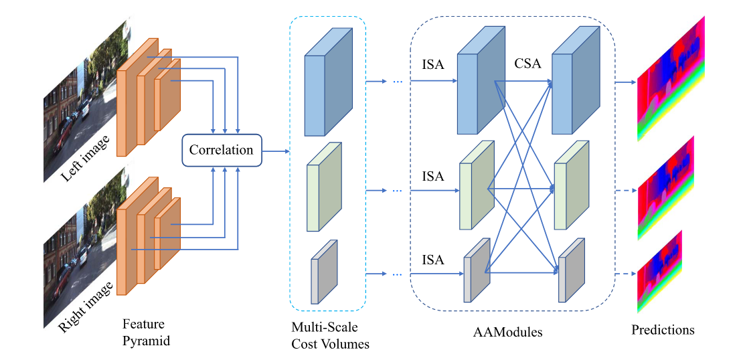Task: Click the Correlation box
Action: [x=221, y=150]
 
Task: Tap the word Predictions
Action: [x=663, y=330]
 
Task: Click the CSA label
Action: [x=527, y=64]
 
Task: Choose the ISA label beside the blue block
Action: [x=432, y=64]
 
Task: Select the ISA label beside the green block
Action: [x=432, y=177]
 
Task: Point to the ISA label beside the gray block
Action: [x=432, y=260]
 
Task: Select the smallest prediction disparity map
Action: [x=659, y=272]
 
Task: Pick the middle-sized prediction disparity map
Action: [x=665, y=187]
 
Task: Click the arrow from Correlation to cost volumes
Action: [x=274, y=151]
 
